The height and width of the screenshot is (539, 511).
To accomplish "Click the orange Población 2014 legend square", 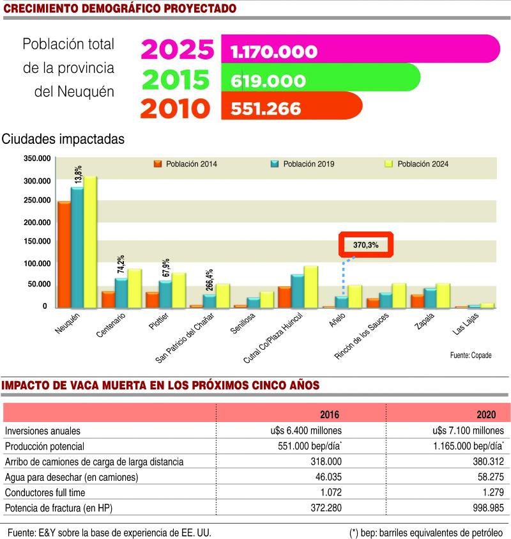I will [x=158, y=164].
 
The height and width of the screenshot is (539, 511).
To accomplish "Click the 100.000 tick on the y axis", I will [x=36, y=263].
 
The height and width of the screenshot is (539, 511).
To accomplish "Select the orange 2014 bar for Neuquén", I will [x=64, y=254].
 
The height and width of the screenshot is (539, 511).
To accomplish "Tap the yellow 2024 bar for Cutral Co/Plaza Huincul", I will [x=311, y=287].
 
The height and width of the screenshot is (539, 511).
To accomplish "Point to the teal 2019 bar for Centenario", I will [x=121, y=293].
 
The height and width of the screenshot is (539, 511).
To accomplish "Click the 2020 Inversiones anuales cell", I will [x=464, y=430].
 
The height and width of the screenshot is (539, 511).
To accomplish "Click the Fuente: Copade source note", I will [x=471, y=355].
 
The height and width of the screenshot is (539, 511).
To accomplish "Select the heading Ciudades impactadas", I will [x=63, y=138].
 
